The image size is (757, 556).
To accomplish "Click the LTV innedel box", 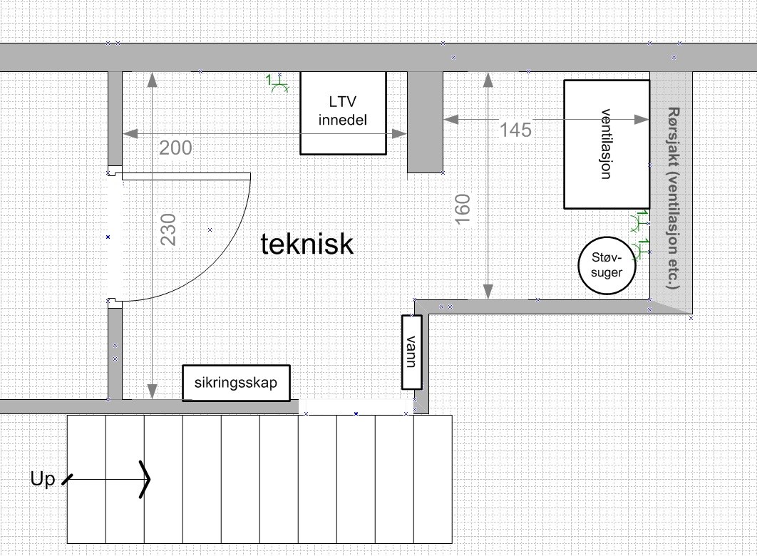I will [x=343, y=113].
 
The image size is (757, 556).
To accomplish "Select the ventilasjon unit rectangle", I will [x=607, y=144].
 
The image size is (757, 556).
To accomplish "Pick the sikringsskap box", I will [x=236, y=383].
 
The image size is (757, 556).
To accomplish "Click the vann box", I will [x=411, y=351].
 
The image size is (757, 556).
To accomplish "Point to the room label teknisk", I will [x=307, y=244].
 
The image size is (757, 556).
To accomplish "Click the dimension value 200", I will [x=175, y=148].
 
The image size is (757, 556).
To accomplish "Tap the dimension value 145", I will [x=515, y=130].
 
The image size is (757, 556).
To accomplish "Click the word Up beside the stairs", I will [x=42, y=480].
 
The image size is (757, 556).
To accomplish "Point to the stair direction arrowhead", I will [x=145, y=478].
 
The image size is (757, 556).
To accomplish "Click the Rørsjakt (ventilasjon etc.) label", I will [x=674, y=197].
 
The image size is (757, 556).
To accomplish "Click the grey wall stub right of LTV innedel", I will [x=425, y=121].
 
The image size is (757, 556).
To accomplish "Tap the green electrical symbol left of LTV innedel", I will [x=277, y=84].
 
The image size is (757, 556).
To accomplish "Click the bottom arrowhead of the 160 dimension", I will [x=488, y=292].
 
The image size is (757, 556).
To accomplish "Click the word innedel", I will [x=343, y=120].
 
